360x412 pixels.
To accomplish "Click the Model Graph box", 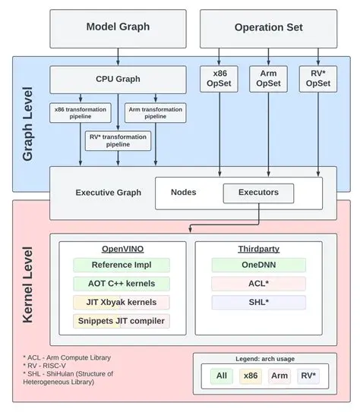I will (x=118, y=27).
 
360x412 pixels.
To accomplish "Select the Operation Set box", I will (x=268, y=27).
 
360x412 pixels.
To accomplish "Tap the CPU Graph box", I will (x=118, y=79).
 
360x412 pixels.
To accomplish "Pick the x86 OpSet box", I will (x=219, y=78).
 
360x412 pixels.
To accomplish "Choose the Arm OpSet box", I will (x=268, y=78).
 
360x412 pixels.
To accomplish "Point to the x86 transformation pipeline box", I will (x=81, y=112).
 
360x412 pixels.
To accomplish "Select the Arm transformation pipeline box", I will (x=155, y=112).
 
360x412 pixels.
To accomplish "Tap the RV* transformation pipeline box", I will (x=118, y=140).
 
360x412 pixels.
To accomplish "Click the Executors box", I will (x=258, y=193).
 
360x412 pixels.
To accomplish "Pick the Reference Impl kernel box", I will (x=122, y=265).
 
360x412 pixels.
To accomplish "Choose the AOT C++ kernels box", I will (x=122, y=284).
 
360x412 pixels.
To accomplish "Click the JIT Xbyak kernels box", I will (x=122, y=302).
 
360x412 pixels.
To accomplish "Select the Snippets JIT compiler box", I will (x=122, y=321).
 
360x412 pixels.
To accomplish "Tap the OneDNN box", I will (x=258, y=265).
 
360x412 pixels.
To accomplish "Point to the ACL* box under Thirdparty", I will (x=258, y=284).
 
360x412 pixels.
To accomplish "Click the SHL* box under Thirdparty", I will (x=258, y=302).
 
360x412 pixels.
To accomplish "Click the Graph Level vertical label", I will (x=29, y=122).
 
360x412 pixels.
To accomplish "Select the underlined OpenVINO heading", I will (x=122, y=249).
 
